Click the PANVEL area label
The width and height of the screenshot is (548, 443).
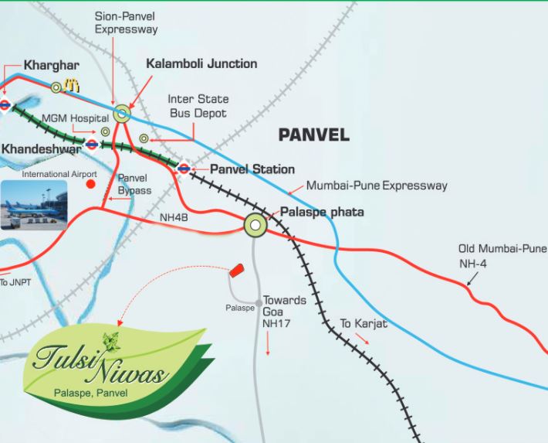point(313,135)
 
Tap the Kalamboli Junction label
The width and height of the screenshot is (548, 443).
point(201,63)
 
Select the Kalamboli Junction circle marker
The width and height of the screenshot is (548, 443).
point(122,114)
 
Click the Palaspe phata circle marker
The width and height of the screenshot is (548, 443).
point(255,225)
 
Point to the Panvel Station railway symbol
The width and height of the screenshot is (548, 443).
point(184,169)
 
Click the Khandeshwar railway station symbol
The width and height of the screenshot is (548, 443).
point(92,144)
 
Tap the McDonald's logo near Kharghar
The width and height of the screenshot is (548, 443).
point(73,86)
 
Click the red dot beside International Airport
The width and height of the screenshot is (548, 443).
point(91,184)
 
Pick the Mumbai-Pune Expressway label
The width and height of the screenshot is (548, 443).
point(377,186)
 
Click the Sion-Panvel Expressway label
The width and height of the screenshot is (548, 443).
point(126,22)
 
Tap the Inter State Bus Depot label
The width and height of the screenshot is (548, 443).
point(197,107)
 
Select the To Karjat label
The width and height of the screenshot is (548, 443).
point(364,323)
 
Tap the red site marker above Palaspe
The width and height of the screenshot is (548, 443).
point(236,271)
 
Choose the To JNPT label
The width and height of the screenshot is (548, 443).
point(15,282)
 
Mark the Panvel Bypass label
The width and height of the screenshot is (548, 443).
point(135,184)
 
